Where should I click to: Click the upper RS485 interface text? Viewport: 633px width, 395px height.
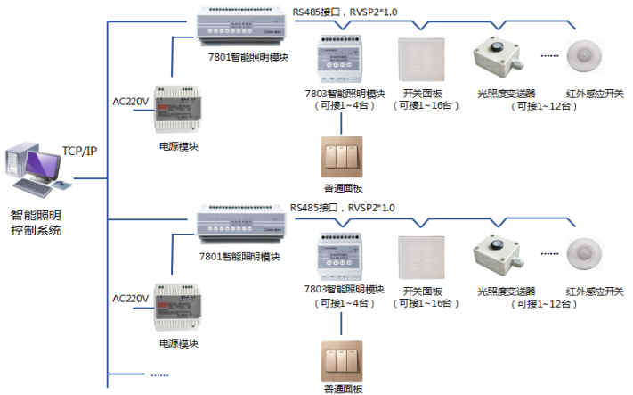tap(344, 11)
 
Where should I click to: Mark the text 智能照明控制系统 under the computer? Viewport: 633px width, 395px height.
tap(37, 223)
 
